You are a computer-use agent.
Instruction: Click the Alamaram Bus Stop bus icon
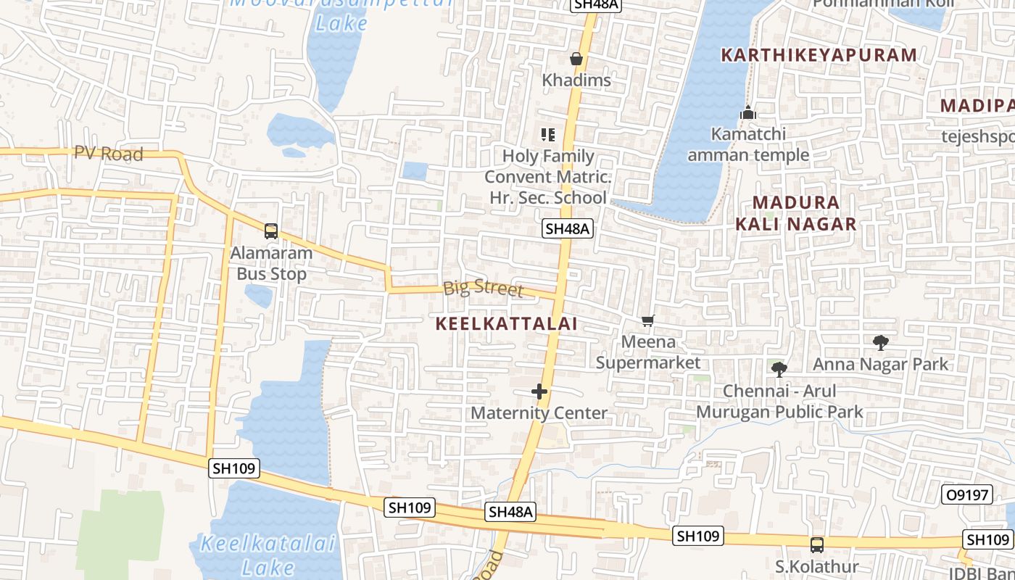271,231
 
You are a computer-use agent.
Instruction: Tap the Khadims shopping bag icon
576,59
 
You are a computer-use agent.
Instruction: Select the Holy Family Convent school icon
548,134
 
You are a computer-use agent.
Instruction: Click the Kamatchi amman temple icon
748,113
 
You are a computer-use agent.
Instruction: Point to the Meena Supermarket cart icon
647,320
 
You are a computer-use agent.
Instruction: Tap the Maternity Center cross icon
539,391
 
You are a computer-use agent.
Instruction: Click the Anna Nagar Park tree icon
881,342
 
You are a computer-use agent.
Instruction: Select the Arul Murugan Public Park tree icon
779,370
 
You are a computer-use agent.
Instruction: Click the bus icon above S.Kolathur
817,544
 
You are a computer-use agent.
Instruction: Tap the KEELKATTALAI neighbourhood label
507,324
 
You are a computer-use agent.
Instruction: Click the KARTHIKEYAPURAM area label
819,55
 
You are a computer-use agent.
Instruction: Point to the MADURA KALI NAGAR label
796,213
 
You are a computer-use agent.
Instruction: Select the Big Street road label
483,288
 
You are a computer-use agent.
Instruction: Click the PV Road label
109,154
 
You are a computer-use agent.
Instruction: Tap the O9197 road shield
967,495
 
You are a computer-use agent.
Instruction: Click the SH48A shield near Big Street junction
568,229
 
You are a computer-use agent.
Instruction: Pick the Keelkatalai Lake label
268,555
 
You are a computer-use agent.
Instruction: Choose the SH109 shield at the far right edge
987,539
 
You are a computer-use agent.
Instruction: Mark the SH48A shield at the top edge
595,5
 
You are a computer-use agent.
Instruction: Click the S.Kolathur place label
817,566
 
